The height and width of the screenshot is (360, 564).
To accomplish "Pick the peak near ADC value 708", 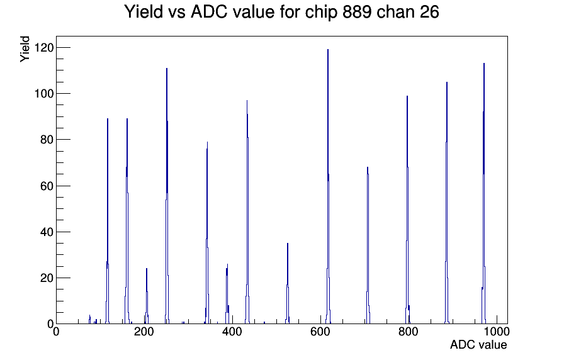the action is click(368, 245).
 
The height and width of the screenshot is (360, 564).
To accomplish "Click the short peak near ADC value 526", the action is click(288, 283).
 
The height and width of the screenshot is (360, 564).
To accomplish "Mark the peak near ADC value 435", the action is click(247, 212).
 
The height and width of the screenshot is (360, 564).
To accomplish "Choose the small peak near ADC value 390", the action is click(227, 294).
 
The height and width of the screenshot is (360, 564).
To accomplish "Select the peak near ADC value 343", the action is click(207, 233).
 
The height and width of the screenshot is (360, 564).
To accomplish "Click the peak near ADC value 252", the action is click(167, 196).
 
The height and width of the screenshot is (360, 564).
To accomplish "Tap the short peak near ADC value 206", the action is click(147, 296).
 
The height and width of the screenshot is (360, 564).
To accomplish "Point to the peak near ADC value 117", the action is click(107, 221).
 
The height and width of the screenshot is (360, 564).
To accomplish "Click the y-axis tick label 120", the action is click(44, 47).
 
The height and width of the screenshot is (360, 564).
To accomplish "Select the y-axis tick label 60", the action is click(47, 186).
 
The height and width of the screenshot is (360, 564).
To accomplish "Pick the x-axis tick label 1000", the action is click(497, 332).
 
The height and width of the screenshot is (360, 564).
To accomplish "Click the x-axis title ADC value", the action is click(478, 345).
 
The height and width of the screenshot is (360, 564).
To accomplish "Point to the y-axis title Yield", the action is click(25, 49).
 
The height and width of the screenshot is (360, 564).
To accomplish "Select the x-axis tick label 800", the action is click(409, 332).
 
